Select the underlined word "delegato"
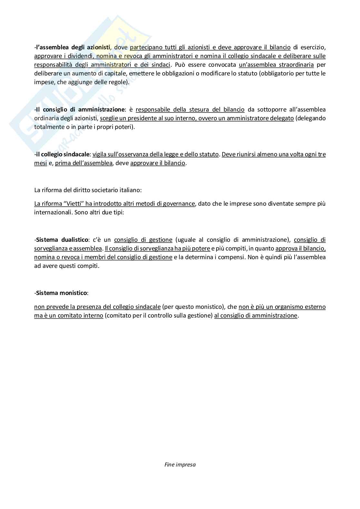pyautogui.click(x=283, y=118)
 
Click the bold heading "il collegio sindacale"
pyautogui.click(x=63, y=154)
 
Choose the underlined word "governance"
pyautogui.click(x=178, y=204)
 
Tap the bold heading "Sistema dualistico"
pyautogui.click(x=62, y=240)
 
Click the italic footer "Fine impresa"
pyautogui.click(x=180, y=465)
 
